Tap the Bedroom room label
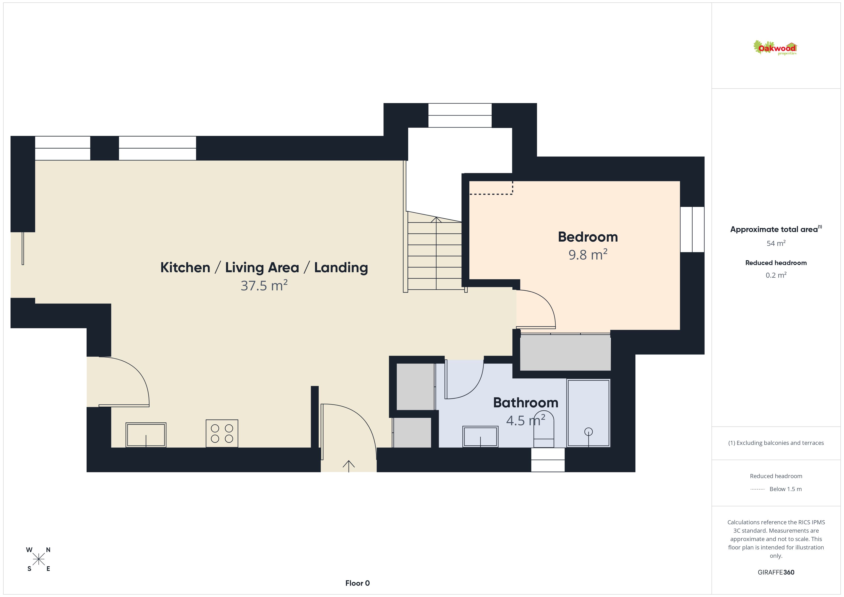pos(588,237)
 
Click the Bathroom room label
pos(526,403)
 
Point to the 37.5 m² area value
pos(264,285)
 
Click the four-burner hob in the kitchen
pos(222,433)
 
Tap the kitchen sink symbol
pos(146,435)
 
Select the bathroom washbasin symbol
pos(480,437)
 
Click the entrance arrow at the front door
pos(349,466)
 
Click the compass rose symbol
pos(39,559)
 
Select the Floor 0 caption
pos(357,583)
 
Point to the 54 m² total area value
pos(776,243)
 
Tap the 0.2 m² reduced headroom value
pos(776,275)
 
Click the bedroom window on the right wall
pos(692,229)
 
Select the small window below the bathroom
pos(548,460)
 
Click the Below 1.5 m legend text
pos(786,489)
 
